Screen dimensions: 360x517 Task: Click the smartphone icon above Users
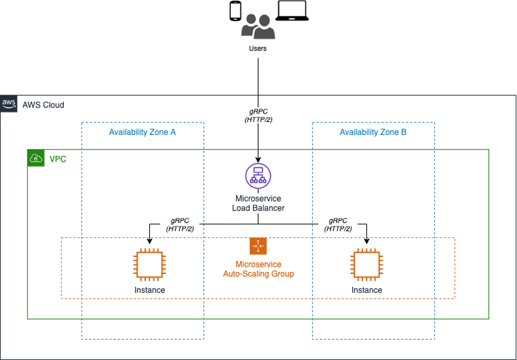pyautogui.click(x=235, y=11)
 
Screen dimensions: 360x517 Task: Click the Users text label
pyautogui.click(x=258, y=48)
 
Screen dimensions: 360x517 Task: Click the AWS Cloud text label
pyautogui.click(x=43, y=104)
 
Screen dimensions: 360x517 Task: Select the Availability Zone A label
pyautogui.click(x=142, y=132)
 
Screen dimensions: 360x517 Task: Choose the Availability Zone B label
pyautogui.click(x=373, y=132)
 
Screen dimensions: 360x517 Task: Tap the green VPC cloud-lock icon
pyautogui.click(x=35, y=158)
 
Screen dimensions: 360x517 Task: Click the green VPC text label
pyautogui.click(x=58, y=158)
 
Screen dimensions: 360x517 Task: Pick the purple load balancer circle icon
pyautogui.click(x=258, y=175)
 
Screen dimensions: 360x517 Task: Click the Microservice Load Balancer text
pyautogui.click(x=258, y=203)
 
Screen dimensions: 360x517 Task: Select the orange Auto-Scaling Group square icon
pyautogui.click(x=258, y=246)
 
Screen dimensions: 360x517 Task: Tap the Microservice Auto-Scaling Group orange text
pyautogui.click(x=258, y=269)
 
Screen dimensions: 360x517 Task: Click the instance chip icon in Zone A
pyautogui.click(x=149, y=265)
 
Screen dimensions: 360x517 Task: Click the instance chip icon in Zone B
pyautogui.click(x=366, y=265)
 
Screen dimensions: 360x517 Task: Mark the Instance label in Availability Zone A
pyautogui.click(x=149, y=290)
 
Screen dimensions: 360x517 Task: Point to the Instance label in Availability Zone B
pyautogui.click(x=366, y=290)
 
